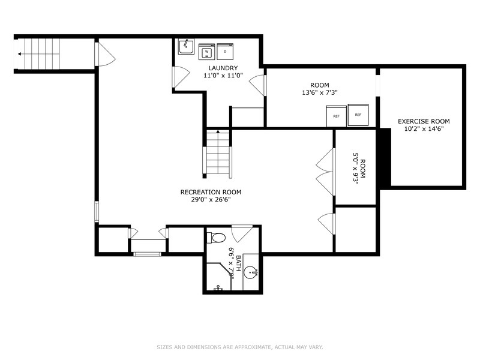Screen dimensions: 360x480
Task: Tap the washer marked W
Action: [206, 52]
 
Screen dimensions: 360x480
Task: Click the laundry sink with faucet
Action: [186, 47]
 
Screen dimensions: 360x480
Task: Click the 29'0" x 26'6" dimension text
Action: [206, 200]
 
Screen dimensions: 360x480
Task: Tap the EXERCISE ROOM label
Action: [424, 121]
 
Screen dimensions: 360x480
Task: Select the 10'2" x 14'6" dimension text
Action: [424, 129]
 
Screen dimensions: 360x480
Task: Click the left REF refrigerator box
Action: [336, 116]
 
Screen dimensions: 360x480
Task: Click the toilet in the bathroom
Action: [215, 237]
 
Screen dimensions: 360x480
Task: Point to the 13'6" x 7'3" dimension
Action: [320, 93]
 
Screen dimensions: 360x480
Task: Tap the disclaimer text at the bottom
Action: [240, 347]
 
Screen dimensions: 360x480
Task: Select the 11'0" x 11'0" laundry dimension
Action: [219, 76]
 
